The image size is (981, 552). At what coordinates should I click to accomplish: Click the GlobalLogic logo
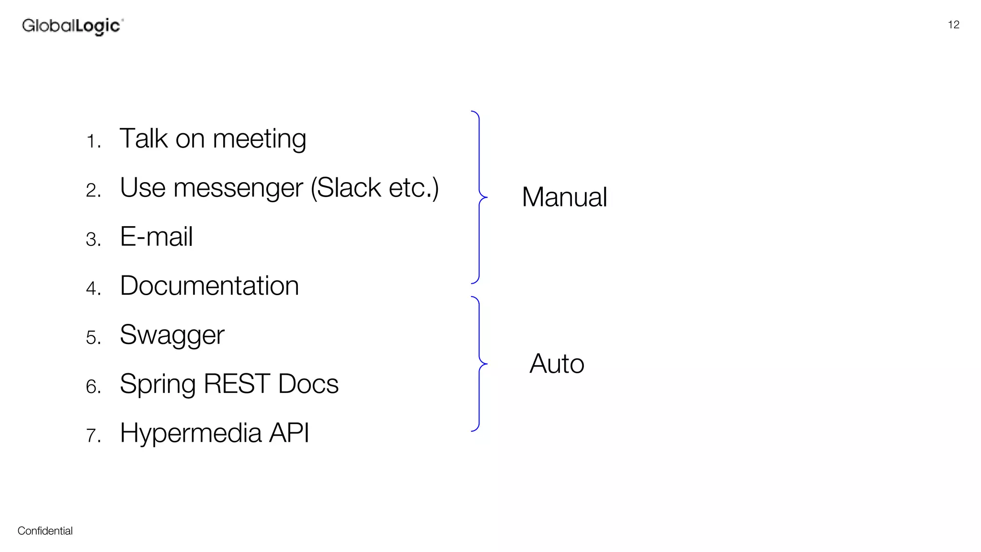click(x=72, y=26)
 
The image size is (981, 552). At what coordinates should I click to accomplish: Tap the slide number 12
click(x=953, y=25)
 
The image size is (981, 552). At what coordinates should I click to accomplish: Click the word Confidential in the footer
click(x=45, y=531)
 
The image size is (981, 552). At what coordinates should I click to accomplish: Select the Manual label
click(x=564, y=197)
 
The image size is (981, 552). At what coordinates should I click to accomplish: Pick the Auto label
click(x=557, y=364)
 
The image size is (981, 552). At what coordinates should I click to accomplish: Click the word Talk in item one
click(x=144, y=138)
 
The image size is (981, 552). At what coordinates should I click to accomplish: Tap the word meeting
click(x=259, y=139)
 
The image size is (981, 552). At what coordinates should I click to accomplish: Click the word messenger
click(x=238, y=188)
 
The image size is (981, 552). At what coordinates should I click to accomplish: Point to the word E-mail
click(x=156, y=237)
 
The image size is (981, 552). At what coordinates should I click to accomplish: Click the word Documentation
click(x=209, y=286)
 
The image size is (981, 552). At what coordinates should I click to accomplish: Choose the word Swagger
click(x=172, y=335)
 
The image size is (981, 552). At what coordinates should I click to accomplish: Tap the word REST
click(x=237, y=384)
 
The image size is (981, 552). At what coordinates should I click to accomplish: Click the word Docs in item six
click(x=308, y=384)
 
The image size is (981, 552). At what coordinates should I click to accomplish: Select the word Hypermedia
click(x=191, y=434)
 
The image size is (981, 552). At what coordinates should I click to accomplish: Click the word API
click(x=289, y=433)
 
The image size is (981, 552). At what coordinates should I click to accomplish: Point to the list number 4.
click(x=93, y=288)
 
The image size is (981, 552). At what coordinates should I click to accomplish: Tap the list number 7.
click(x=93, y=436)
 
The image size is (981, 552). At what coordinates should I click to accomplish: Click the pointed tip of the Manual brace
click(x=486, y=197)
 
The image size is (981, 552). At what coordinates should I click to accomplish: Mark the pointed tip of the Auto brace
click(x=486, y=364)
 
